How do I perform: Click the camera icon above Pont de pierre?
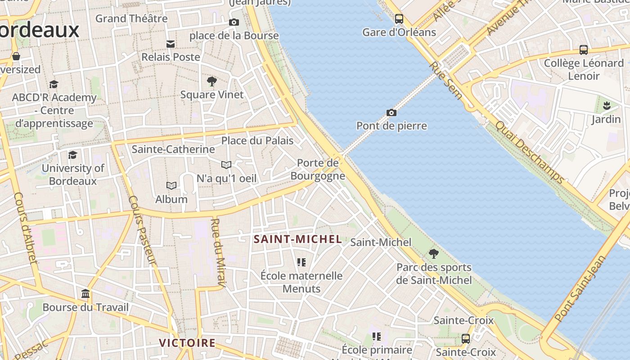click(391, 112)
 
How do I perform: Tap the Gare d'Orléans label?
click(399, 32)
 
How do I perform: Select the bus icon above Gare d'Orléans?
click(399, 19)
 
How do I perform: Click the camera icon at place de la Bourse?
click(234, 22)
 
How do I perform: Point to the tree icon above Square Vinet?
click(211, 81)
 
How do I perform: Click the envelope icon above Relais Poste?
click(171, 44)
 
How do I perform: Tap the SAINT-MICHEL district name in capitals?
click(298, 239)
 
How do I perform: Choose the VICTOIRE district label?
click(187, 343)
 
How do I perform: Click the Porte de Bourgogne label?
click(318, 169)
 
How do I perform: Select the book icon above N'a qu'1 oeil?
click(226, 165)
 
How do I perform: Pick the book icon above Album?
click(171, 185)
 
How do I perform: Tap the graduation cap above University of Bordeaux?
click(72, 155)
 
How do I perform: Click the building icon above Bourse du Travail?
click(85, 294)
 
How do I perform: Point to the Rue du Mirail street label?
click(218, 252)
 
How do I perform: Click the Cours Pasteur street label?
click(142, 229)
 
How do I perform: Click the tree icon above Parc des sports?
click(433, 254)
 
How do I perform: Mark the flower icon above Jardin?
click(606, 106)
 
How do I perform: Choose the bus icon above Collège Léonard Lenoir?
click(583, 50)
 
